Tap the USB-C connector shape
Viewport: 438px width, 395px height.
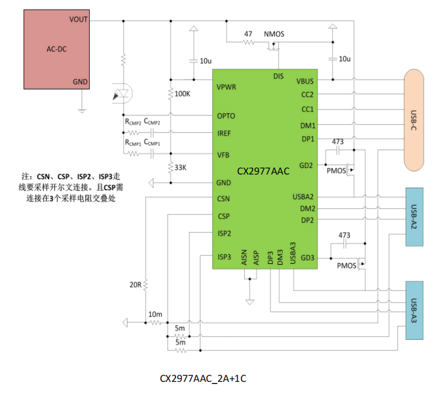click(x=414, y=120)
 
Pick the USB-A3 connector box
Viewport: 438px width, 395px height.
click(x=414, y=310)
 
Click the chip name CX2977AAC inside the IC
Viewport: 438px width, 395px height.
click(x=263, y=171)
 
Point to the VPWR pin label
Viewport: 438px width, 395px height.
click(x=226, y=87)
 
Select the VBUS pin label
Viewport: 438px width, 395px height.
click(x=305, y=80)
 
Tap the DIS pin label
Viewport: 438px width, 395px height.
click(x=278, y=76)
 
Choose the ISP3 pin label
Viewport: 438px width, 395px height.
click(x=224, y=256)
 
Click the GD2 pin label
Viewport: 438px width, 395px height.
click(x=307, y=165)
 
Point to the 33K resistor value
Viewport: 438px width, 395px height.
click(x=181, y=167)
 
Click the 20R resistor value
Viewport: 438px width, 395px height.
click(x=136, y=285)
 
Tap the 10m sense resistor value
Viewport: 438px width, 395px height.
click(x=155, y=315)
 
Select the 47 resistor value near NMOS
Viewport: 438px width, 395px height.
click(x=248, y=33)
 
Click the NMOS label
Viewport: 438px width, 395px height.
click(x=274, y=34)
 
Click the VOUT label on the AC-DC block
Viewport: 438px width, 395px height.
click(x=78, y=19)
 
